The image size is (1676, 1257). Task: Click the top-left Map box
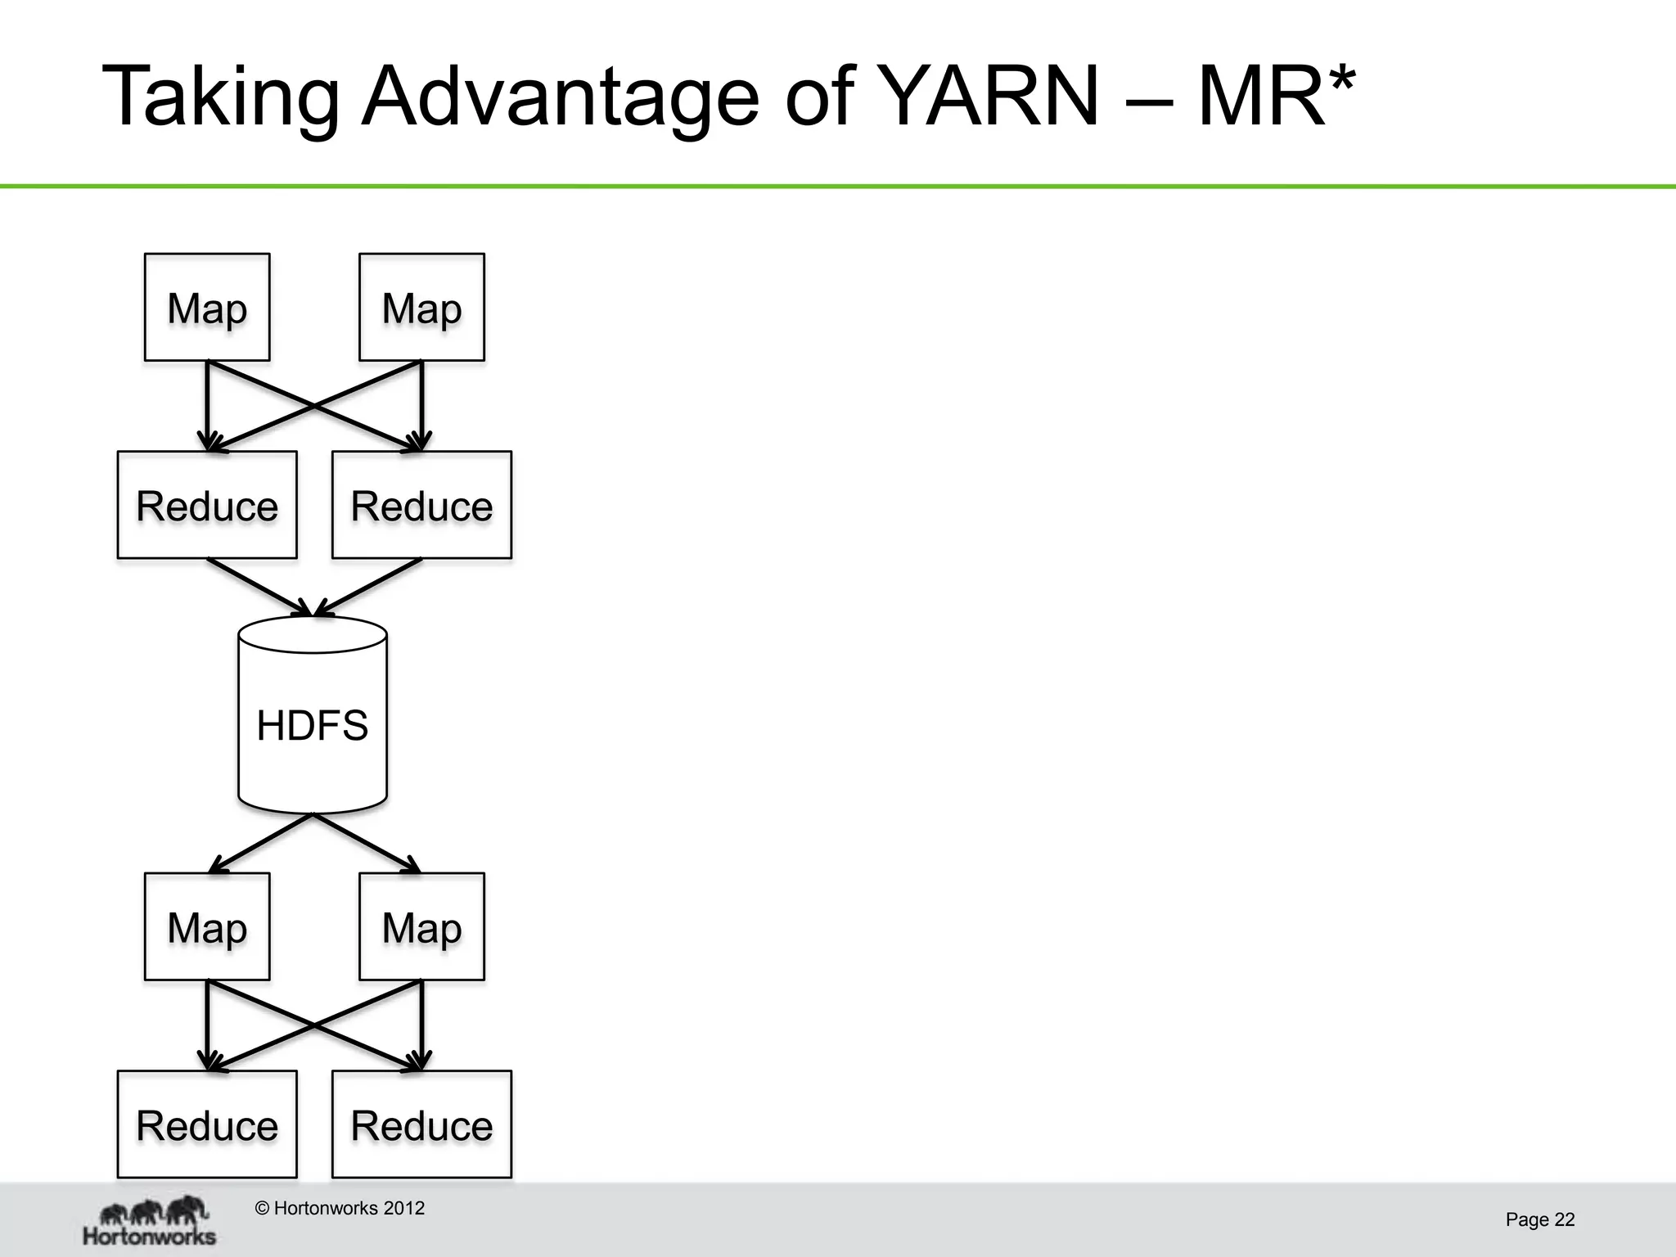(x=207, y=307)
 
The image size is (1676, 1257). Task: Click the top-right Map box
(x=421, y=307)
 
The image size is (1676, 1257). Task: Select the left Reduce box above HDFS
(x=207, y=505)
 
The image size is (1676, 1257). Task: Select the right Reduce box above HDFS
(x=421, y=505)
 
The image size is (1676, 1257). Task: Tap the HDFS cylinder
(x=313, y=723)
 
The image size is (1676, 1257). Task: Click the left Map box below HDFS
(x=207, y=926)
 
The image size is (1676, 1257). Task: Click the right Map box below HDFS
(x=421, y=926)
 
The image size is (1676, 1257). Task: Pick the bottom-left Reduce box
(x=207, y=1124)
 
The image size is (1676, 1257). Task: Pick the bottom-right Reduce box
(x=421, y=1124)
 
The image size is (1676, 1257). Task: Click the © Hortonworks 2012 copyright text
(x=340, y=1208)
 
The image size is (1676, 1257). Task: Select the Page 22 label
(x=1539, y=1219)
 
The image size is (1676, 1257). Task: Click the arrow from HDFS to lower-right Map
(x=366, y=843)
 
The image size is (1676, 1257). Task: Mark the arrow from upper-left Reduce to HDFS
(x=260, y=587)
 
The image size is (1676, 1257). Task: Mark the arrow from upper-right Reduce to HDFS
(x=368, y=587)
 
